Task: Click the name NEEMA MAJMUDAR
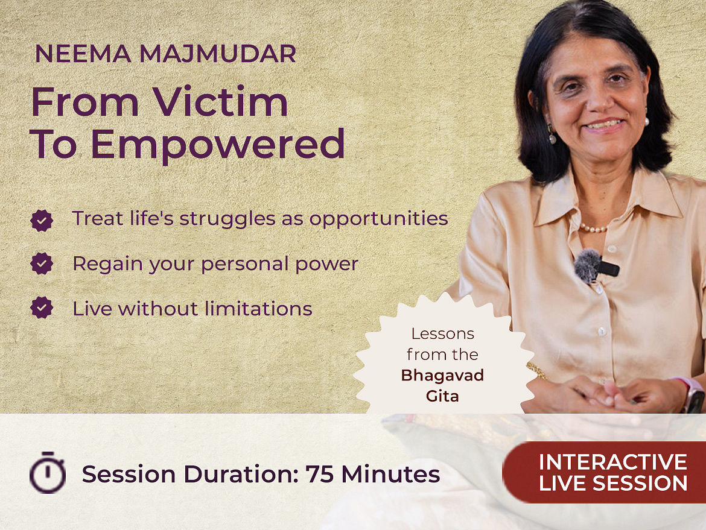(165, 54)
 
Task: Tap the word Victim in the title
(220, 102)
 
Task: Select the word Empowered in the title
(218, 144)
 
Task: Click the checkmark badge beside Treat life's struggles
(42, 221)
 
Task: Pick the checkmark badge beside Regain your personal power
(42, 263)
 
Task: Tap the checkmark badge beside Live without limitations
(42, 308)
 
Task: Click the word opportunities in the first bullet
(378, 219)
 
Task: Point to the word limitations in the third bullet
(258, 309)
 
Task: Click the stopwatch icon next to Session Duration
(48, 472)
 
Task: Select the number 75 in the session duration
(319, 474)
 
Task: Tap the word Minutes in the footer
(390, 474)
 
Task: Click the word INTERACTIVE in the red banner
(613, 462)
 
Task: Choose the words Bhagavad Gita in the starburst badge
(442, 385)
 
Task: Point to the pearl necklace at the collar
(593, 228)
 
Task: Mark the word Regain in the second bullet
(108, 265)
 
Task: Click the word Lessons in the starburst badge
(436, 334)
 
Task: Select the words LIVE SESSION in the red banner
(613, 483)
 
